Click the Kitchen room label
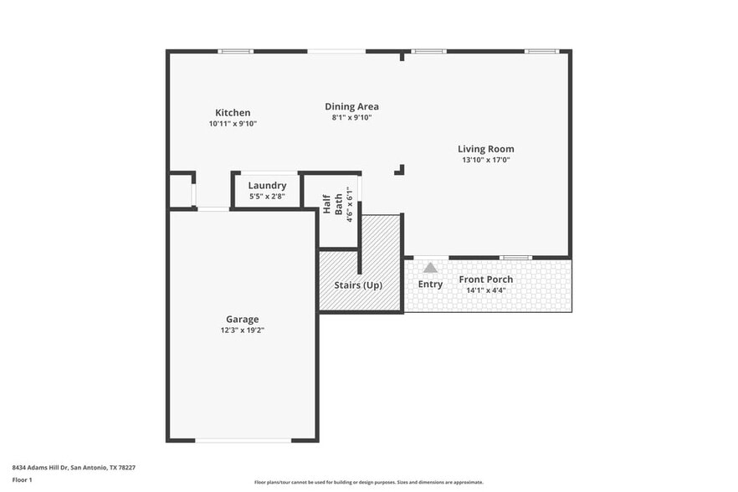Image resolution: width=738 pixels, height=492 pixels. [233, 113]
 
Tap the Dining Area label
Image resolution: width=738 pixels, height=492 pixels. [351, 106]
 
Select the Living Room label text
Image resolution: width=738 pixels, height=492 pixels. [485, 149]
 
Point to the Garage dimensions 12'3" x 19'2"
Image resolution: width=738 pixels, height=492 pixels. [242, 330]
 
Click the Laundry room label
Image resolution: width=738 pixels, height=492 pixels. [267, 186]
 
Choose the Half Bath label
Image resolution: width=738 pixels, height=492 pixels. [332, 204]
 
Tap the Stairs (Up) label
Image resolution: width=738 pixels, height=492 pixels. [358, 285]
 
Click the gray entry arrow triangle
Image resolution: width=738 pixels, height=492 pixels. [430, 268]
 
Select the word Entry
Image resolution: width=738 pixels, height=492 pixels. [430, 284]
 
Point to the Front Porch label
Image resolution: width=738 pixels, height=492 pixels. [485, 279]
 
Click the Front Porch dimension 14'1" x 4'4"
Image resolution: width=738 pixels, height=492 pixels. [485, 290]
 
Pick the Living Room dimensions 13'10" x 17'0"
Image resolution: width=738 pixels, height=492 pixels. [485, 160]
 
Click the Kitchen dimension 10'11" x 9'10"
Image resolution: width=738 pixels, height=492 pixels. [233, 124]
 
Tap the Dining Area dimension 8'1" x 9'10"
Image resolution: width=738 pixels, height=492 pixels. [351, 117]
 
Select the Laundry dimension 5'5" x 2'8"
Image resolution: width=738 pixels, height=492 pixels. [267, 197]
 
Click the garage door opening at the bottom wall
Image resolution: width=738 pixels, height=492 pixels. [243, 439]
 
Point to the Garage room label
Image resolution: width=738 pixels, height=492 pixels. [242, 319]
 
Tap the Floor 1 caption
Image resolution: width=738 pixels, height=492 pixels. [22, 479]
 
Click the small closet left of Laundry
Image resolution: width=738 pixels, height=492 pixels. [180, 192]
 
